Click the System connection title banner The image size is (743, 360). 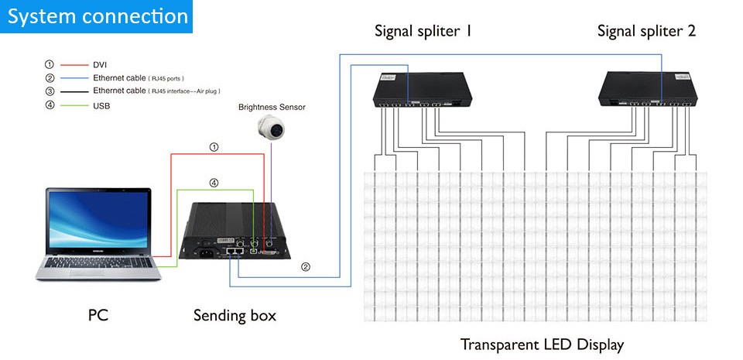97,16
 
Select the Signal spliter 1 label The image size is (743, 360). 423,31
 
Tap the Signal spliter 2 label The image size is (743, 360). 646,31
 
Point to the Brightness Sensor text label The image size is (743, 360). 272,107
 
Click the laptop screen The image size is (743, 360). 97,220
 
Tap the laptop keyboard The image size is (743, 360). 98,264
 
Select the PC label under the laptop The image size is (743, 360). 98,315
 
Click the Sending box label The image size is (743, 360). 235,315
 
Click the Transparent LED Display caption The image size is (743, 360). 542,344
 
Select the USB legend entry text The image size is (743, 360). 101,105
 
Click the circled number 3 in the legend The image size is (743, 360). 50,91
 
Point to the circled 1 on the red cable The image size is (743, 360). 214,146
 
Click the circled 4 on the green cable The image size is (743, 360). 214,183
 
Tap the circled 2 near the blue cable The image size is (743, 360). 306,267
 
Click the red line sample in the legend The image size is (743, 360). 74,65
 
